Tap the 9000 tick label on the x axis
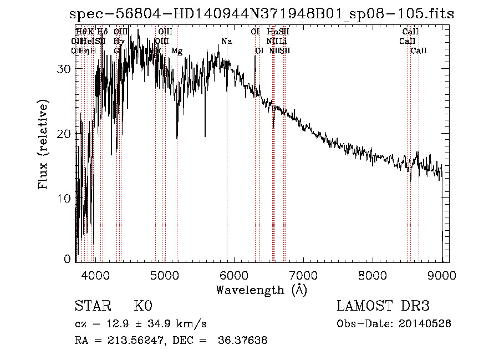tap(441, 275)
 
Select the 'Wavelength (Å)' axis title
tap(261, 290)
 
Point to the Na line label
tap(226, 42)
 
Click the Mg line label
tap(177, 51)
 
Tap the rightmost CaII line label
tap(419, 51)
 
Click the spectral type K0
tap(143, 306)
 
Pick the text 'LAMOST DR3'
tap(383, 306)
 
